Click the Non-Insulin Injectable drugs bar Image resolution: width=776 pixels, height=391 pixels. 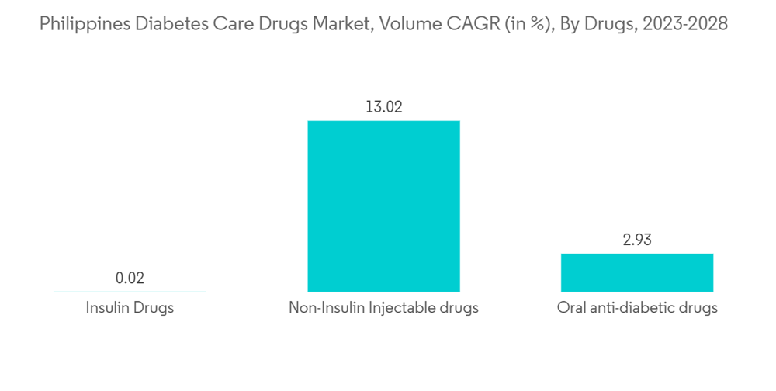(383, 206)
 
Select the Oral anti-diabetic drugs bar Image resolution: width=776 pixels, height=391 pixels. (637, 272)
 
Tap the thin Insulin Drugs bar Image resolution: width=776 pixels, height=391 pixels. (130, 292)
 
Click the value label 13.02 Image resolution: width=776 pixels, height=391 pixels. (383, 107)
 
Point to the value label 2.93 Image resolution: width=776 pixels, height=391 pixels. (637, 240)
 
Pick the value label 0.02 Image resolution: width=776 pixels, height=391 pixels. (130, 278)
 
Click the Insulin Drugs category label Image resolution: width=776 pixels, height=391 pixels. (130, 308)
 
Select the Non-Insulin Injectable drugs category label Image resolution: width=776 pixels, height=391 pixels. (383, 308)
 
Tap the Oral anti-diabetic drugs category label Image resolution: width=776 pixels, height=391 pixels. (637, 308)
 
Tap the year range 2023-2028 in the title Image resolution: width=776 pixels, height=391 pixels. (684, 24)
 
